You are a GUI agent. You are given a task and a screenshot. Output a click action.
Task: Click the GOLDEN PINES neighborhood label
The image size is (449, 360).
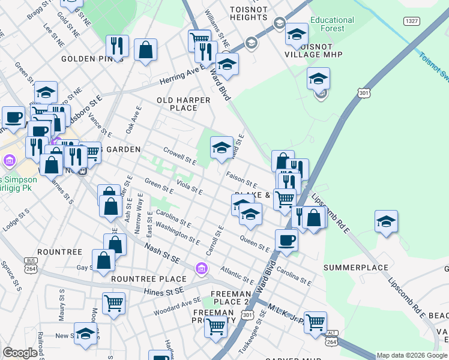pyautogui.click(x=86, y=59)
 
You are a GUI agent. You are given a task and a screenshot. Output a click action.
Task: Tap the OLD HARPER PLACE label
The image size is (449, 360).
pyautogui.click(x=184, y=104)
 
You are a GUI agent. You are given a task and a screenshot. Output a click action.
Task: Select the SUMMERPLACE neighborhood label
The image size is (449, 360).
pyautogui.click(x=353, y=267)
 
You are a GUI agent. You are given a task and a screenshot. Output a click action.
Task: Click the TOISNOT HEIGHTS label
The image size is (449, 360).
pyautogui.click(x=252, y=13)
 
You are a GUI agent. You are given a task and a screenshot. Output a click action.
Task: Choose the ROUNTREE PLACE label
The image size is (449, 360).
pyautogui.click(x=149, y=279)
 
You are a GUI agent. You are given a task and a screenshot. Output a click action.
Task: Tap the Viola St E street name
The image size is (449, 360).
pyautogui.click(x=189, y=187)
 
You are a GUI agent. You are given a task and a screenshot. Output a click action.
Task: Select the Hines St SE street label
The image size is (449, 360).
pyautogui.click(x=162, y=292)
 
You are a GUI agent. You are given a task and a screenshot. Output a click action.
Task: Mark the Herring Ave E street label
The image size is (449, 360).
pyautogui.click(x=182, y=77)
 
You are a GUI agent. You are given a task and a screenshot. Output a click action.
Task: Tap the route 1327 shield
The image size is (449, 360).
pyautogui.click(x=411, y=22)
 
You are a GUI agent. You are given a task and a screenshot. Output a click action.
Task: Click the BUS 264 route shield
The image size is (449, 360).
pyautogui.click(x=28, y=265)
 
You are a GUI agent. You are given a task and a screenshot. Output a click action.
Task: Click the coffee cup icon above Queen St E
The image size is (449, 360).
pyautogui.click(x=286, y=239)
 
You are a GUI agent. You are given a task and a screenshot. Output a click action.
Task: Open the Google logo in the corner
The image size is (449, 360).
pyautogui.click(x=20, y=353)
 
